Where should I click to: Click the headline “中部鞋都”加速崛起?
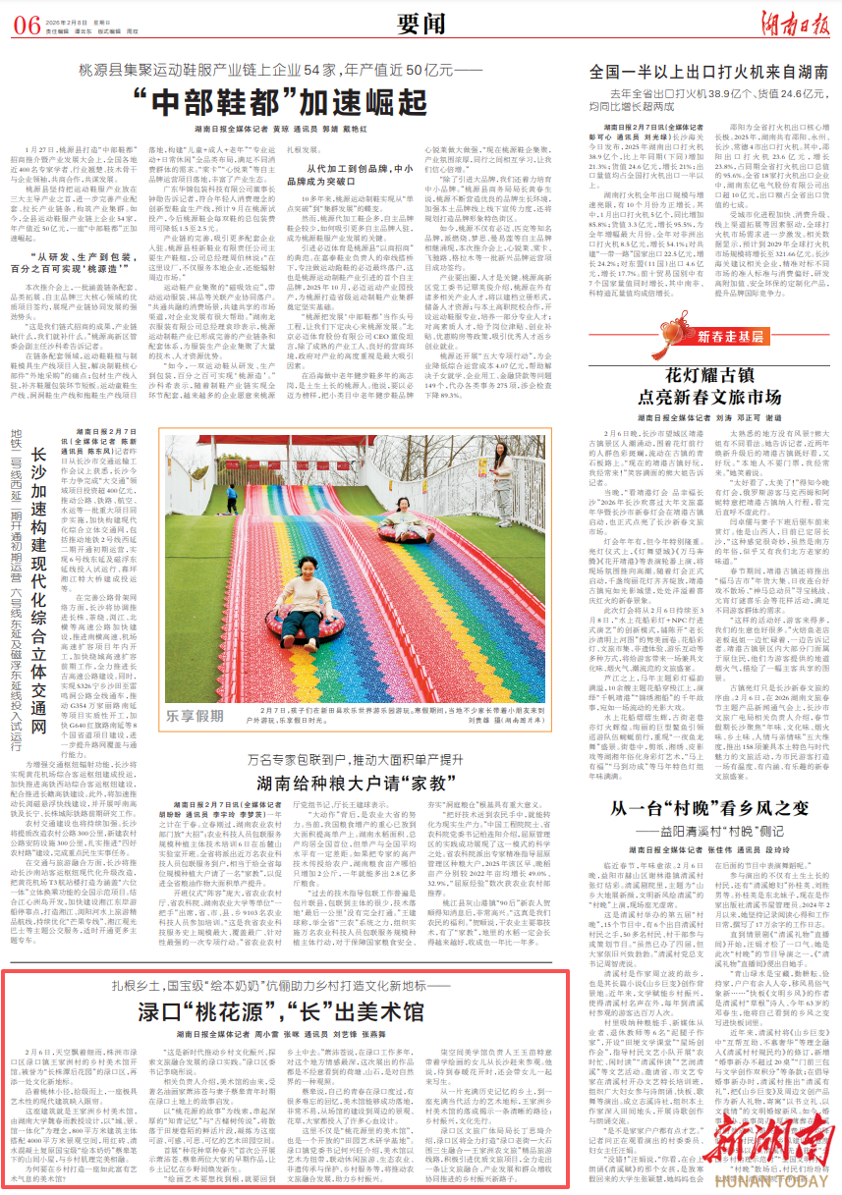[281, 100]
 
